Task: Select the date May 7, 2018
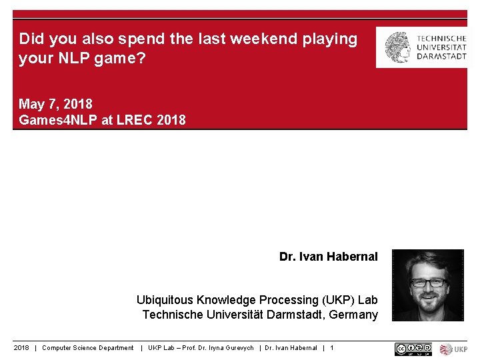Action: click(x=55, y=104)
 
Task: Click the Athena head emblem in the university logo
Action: click(x=398, y=47)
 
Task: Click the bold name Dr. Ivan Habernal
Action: click(x=328, y=257)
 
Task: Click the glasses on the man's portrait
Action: click(x=427, y=282)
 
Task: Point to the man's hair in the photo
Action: click(x=427, y=261)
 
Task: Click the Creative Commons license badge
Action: click(x=413, y=349)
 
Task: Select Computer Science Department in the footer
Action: click(x=88, y=348)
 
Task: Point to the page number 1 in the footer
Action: click(x=331, y=348)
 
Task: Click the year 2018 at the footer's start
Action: click(x=21, y=348)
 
